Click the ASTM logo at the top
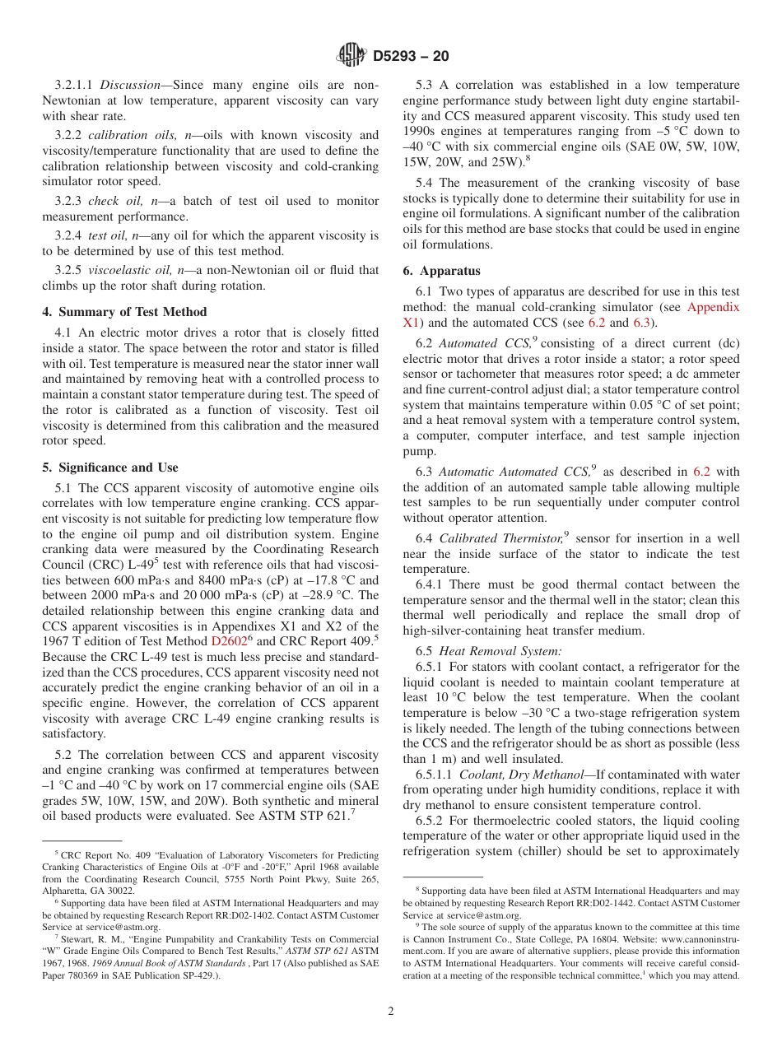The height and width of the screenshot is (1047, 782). point(352,56)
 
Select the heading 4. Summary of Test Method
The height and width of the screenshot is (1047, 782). point(124,312)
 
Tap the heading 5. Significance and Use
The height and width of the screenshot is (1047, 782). point(110,468)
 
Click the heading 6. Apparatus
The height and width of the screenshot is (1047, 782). point(441,271)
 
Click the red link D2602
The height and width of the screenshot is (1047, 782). point(228,640)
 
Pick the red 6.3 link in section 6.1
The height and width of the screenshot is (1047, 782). point(642,323)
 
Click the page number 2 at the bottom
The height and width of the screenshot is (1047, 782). point(391,1012)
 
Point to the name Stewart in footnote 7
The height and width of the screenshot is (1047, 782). point(77,938)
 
